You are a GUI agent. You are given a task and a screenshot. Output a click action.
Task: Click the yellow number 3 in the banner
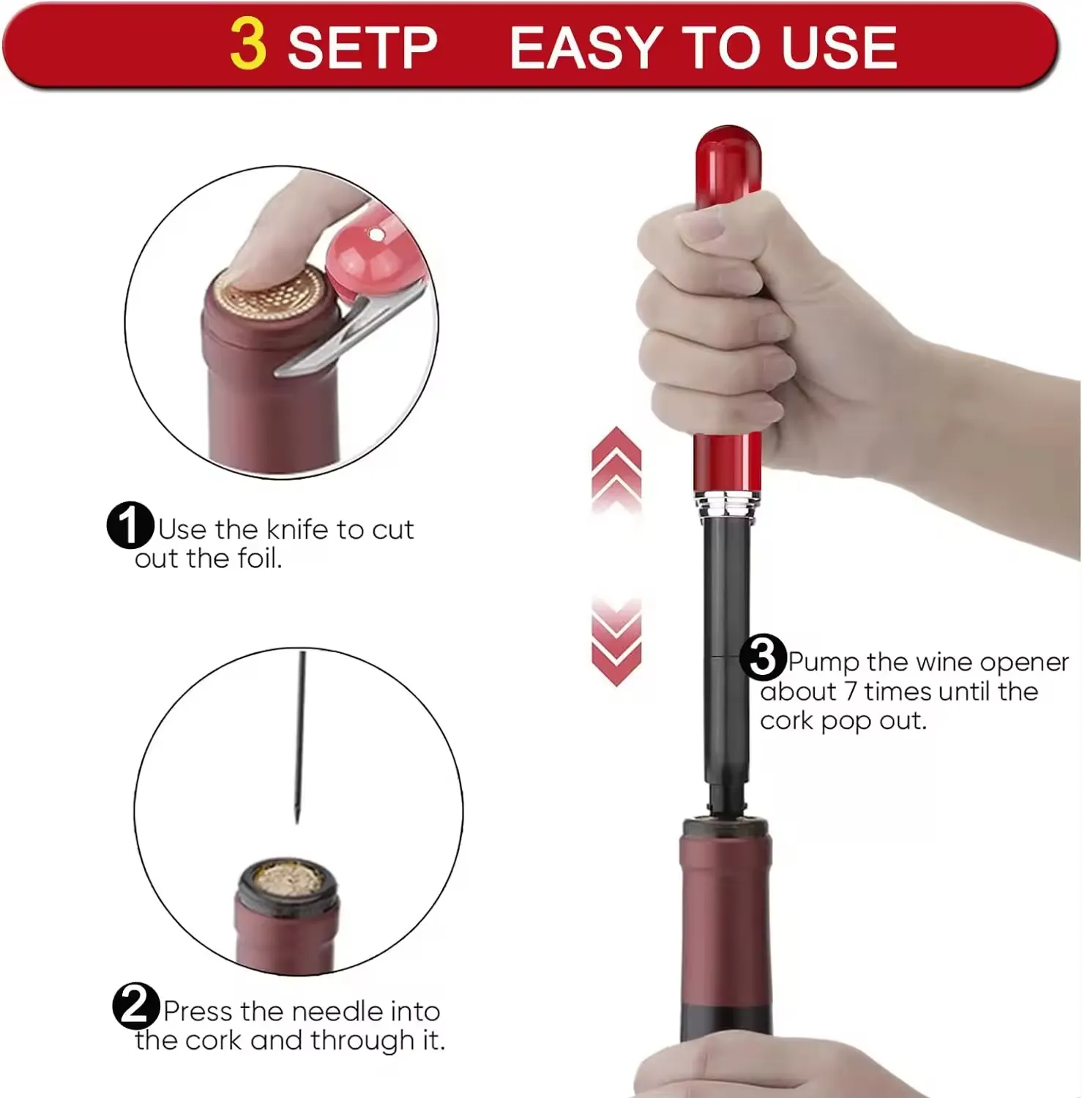(x=247, y=45)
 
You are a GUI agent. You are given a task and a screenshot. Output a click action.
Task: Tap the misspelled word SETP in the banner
(x=362, y=48)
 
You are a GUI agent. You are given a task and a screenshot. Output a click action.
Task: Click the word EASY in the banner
(x=585, y=48)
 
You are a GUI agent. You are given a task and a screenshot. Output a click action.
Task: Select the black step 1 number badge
(x=130, y=525)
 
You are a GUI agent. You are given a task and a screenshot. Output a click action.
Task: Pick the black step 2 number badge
(x=135, y=1006)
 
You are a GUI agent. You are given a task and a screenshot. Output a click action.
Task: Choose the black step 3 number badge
(x=762, y=657)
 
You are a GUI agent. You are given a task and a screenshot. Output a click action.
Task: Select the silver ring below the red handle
(x=727, y=505)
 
